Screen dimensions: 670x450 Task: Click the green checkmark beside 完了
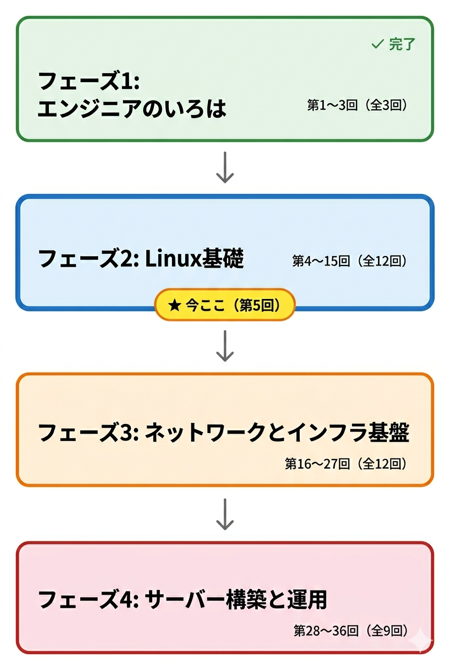tap(377, 45)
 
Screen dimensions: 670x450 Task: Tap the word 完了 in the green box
tap(402, 45)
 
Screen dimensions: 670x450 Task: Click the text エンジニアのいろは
tap(132, 109)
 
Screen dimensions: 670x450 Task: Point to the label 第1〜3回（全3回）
tap(357, 105)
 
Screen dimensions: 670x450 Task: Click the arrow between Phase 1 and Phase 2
tap(225, 168)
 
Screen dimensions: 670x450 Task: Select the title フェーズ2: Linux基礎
tap(141, 259)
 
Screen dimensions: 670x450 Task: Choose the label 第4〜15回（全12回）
tap(350, 261)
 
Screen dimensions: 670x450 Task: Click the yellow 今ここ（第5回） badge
tap(224, 305)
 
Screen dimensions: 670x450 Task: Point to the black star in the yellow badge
tap(174, 305)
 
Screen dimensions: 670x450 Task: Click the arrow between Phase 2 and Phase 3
tap(225, 346)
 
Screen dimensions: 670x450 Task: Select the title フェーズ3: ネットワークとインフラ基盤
tap(223, 433)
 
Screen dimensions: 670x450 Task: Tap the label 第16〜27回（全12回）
tap(346, 464)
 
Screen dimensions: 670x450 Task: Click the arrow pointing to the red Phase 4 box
tap(225, 514)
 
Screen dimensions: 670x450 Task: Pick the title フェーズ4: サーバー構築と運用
tap(183, 600)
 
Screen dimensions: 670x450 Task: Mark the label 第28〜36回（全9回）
tap(350, 630)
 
